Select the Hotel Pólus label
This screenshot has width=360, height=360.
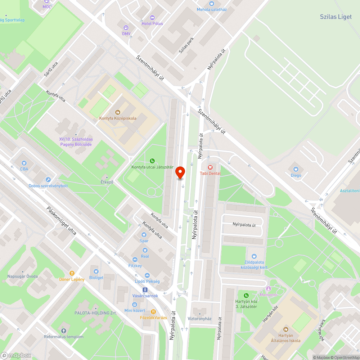click(x=152, y=23)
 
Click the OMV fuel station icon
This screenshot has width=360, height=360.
click(x=126, y=27)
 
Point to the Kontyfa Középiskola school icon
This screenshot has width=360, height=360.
click(x=118, y=112)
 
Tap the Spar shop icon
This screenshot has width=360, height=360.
click(x=144, y=235)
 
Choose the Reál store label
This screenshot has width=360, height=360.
click(x=145, y=256)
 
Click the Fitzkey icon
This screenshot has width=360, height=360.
click(x=135, y=260)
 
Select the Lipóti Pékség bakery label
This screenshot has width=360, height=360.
click(x=147, y=281)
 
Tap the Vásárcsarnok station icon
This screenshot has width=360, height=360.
click(x=145, y=289)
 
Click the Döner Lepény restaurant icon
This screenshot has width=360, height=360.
click(x=72, y=273)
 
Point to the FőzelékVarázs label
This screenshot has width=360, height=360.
click(x=153, y=318)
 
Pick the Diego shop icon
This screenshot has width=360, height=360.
click(x=296, y=169)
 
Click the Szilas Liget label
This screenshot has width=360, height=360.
click(x=336, y=17)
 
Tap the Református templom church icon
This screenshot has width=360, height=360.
click(x=64, y=330)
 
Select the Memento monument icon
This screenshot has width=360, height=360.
click(x=268, y=289)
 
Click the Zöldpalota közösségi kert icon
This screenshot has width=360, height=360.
click(x=254, y=256)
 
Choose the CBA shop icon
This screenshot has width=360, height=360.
click(x=24, y=163)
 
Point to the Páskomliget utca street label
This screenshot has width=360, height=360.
click(x=61, y=221)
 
